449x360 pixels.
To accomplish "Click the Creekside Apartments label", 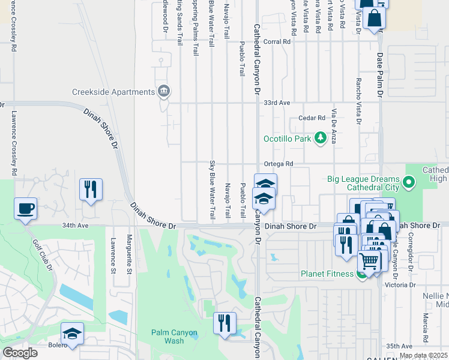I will (x=113, y=92).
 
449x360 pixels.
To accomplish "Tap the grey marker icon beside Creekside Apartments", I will (x=163, y=92).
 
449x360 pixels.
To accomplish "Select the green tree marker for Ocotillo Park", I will (x=321, y=139).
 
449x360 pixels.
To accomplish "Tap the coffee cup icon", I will (x=26, y=209).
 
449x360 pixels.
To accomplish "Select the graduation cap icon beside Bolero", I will (x=72, y=334).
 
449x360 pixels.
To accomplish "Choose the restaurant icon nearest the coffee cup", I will (x=91, y=189).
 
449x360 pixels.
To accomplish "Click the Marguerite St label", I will (x=129, y=255).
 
